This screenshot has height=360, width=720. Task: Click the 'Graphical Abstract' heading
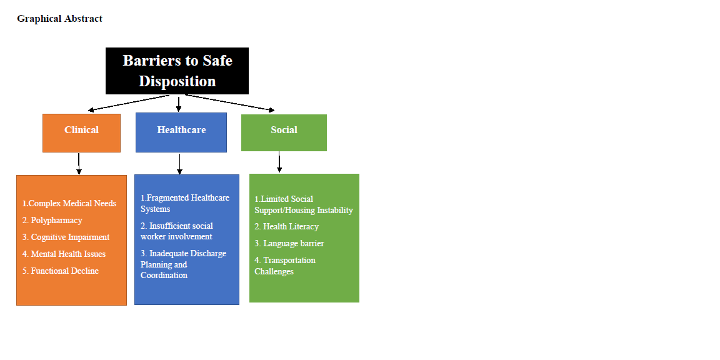click(59, 19)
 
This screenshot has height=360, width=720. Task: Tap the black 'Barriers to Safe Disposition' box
click(177, 71)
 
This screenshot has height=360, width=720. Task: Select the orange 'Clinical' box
click(81, 132)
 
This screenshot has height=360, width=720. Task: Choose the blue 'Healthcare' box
click(181, 132)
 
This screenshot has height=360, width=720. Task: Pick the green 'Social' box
click(284, 132)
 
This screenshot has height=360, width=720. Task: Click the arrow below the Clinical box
click(79, 163)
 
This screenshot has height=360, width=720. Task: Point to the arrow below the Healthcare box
click(179, 163)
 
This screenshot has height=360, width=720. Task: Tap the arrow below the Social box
click(279, 162)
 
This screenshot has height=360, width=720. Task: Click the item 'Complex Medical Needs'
click(69, 203)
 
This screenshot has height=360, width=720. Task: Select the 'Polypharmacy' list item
click(52, 220)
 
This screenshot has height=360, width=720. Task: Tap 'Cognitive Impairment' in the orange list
click(66, 237)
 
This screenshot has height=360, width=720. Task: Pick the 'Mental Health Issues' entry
click(64, 254)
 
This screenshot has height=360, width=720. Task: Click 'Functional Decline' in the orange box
click(61, 271)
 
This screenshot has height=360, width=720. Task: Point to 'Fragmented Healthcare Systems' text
click(185, 203)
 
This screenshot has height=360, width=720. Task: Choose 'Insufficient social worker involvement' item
click(177, 231)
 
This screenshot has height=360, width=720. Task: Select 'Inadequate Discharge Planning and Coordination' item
click(183, 264)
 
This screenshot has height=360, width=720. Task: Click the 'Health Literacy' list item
click(287, 226)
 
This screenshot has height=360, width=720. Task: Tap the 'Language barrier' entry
click(289, 243)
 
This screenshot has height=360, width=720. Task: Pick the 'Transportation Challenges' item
click(285, 266)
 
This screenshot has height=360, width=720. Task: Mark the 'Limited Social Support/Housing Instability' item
click(304, 204)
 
